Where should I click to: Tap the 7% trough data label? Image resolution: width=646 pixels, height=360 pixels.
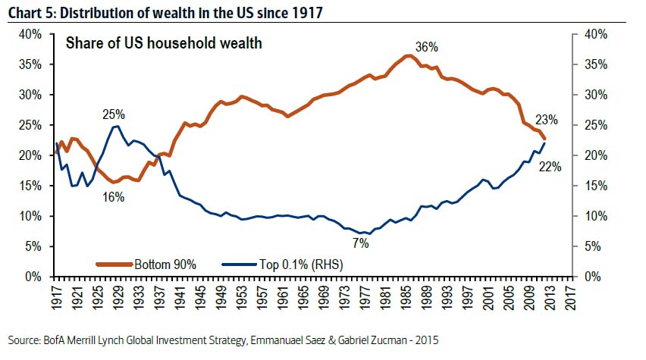click(360, 243)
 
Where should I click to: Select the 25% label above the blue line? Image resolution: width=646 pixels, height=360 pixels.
click(114, 114)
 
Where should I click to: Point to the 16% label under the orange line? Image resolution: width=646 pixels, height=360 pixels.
click(114, 197)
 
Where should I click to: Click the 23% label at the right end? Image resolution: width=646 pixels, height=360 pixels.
click(546, 120)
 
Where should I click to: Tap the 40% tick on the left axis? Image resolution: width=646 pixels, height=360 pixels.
click(31, 34)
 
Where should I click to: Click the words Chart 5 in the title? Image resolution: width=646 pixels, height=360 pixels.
click(30, 10)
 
